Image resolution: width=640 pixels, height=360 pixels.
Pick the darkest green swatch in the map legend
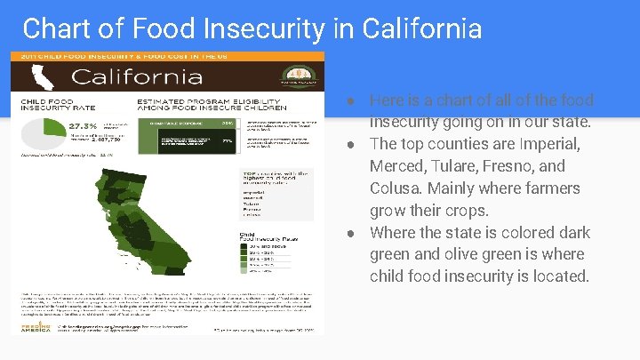tap(244, 244)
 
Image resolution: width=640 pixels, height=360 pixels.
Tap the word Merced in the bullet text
tap(397, 166)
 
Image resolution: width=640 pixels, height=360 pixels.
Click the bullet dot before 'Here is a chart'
tap(352, 100)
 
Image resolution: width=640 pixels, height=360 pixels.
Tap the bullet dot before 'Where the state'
tap(352, 233)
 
